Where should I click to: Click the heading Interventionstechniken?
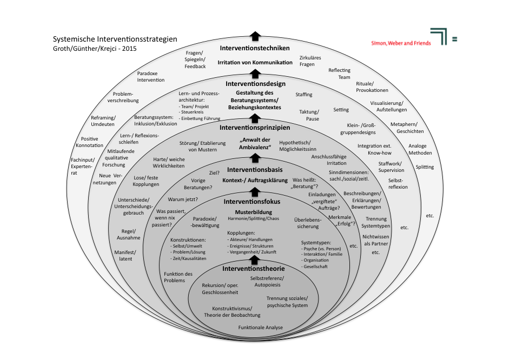tap(255, 48)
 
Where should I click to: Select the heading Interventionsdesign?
tap(255, 84)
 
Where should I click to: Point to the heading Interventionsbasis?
tap(255, 170)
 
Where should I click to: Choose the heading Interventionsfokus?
tap(255, 201)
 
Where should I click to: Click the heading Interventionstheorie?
tap(255, 269)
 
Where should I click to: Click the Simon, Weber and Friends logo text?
tap(401, 43)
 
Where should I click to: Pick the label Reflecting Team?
tap(339, 74)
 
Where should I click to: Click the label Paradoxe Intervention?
tap(150, 77)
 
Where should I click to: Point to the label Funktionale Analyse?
tap(261, 328)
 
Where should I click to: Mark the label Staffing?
tap(304, 95)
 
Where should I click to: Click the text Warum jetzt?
tap(183, 199)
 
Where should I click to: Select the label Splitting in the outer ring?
tap(425, 167)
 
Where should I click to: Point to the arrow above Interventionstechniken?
tap(255, 36)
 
